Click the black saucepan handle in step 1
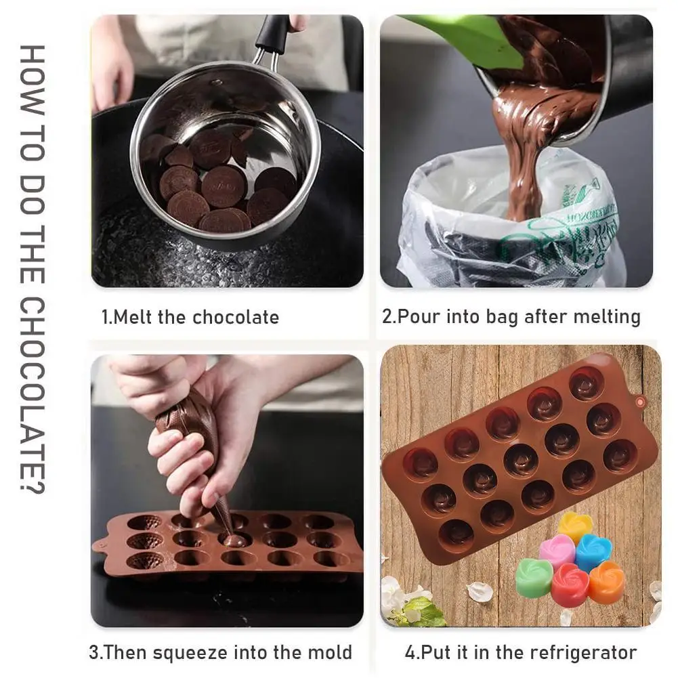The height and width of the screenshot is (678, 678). [273, 33]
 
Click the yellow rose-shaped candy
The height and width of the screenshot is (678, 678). [575, 527]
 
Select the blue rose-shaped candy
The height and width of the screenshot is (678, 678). [593, 551]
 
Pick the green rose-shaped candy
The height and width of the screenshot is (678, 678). [534, 577]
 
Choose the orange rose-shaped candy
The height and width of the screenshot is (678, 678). [606, 581]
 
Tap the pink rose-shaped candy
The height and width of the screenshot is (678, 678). [557, 550]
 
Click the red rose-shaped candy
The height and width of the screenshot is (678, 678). [569, 584]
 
